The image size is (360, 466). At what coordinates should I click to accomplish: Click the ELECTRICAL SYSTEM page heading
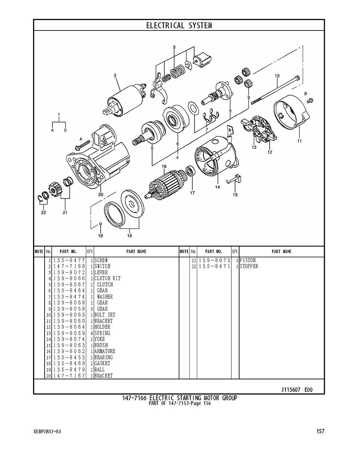point(179,25)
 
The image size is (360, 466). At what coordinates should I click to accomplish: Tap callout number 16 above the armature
point(164,166)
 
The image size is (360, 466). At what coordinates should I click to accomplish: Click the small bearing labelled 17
point(189,172)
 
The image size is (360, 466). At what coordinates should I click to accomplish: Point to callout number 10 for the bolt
point(277,76)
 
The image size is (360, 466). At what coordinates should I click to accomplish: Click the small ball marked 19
point(100,224)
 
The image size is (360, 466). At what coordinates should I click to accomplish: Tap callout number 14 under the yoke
point(217,187)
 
